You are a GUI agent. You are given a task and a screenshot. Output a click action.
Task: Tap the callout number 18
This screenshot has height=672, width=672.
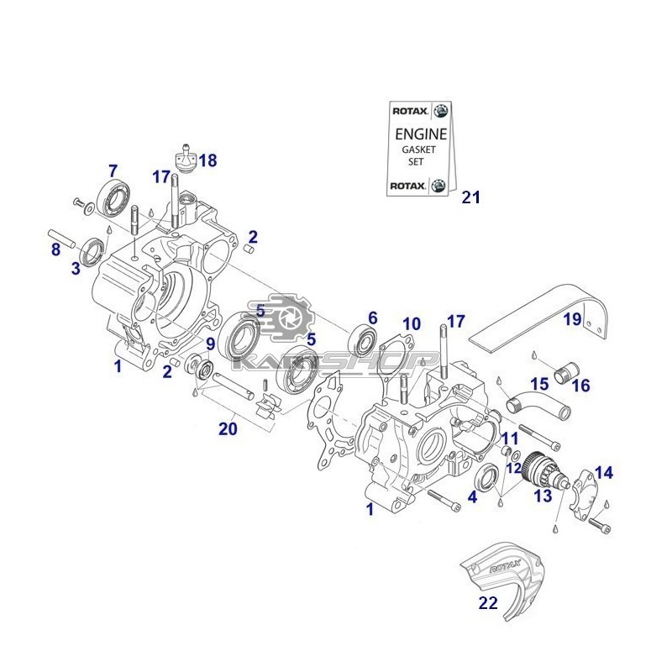click(x=207, y=160)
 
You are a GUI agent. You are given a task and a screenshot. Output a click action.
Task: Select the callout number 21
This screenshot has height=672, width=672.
click(x=470, y=197)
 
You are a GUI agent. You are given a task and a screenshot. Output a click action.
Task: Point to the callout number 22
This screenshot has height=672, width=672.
click(x=488, y=603)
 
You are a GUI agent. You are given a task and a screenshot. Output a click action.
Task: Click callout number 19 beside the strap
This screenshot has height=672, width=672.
click(x=572, y=319)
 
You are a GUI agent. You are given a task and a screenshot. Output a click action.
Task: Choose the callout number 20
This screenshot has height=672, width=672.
click(x=228, y=429)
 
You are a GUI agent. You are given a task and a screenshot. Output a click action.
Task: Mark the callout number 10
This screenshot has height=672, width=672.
click(x=411, y=324)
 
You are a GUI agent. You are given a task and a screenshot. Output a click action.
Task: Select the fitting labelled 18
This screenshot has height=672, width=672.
click(x=184, y=156)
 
